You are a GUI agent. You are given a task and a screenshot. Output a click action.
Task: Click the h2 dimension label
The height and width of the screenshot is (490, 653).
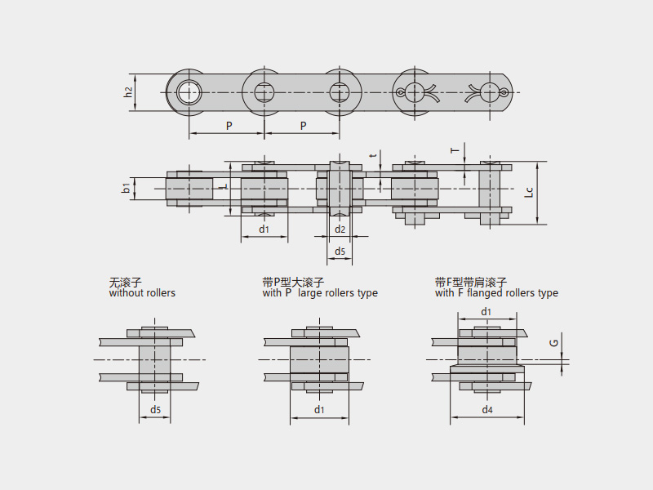coord(129,92)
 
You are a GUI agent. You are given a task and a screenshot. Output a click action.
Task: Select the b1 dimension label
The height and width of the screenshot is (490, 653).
coord(127,189)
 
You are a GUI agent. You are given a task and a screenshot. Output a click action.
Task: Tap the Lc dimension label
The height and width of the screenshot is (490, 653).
coord(528,193)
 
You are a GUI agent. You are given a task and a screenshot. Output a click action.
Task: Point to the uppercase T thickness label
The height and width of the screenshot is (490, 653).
coord(455,150)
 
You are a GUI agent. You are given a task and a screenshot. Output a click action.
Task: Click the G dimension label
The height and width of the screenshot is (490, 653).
coord(554,343)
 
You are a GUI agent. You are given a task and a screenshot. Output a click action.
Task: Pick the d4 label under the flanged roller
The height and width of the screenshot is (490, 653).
coord(487,410)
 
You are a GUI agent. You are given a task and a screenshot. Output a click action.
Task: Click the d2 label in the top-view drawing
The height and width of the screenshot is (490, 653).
coord(340,229)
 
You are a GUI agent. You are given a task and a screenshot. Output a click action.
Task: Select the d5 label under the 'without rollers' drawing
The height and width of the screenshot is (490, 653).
coord(155,410)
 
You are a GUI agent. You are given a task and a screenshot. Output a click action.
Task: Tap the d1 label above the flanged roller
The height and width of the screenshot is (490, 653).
coord(486,312)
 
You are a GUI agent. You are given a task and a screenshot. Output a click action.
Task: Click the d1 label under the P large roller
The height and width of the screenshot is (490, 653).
coord(319,410)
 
